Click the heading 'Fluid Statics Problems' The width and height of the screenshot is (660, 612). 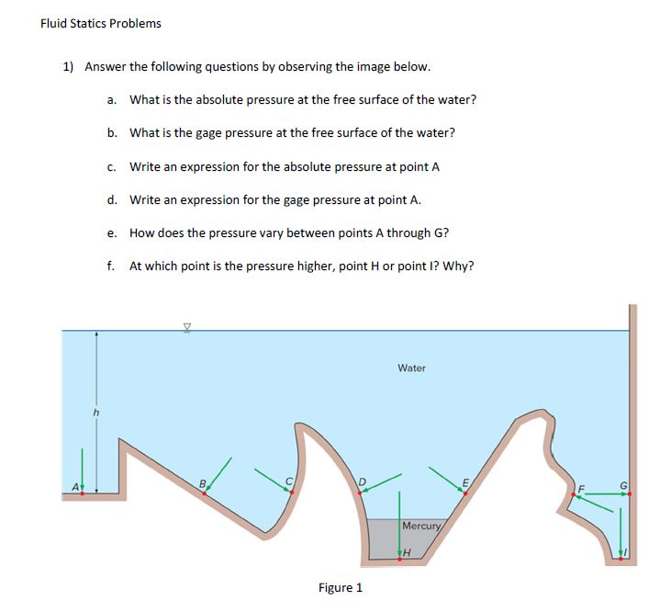pos(101,23)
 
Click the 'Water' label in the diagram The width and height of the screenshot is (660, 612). pos(411,368)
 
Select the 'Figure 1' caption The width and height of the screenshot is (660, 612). pos(340,587)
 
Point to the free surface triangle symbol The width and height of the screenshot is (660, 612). pos(186,324)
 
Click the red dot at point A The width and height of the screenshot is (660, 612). pos(83,493)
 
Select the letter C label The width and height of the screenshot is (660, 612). pos(290,480)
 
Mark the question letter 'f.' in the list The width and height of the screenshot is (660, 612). pos(110,266)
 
